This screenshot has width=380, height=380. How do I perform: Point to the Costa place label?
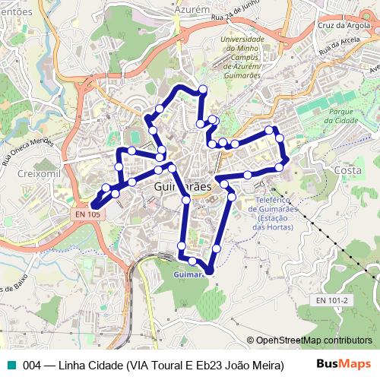[347, 170]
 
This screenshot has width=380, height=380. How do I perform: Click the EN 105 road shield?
[87, 215]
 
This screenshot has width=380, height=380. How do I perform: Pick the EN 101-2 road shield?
[332, 300]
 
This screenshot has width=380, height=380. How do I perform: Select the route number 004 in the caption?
[32, 365]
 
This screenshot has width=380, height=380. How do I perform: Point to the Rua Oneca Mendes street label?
[28, 149]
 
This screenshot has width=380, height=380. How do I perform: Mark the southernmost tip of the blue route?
[210, 271]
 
